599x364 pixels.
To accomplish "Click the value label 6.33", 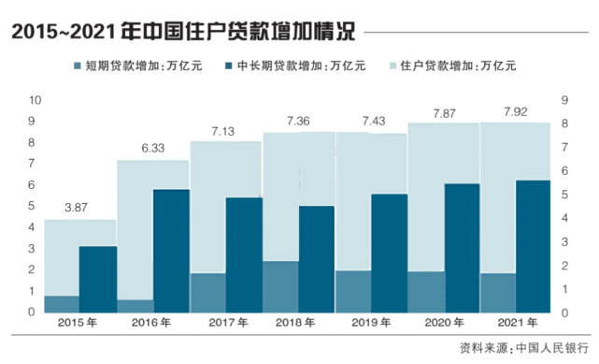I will coord(151,147).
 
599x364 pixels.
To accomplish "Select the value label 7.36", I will coord(297,121).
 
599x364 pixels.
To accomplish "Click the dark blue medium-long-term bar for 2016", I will coord(171,251).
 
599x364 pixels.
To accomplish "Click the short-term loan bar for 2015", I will coord(62,304).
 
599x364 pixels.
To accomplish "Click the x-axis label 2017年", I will coord(225,323).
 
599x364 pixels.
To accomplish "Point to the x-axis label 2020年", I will coord(444,323).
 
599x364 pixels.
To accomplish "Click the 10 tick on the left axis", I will coord(35,99).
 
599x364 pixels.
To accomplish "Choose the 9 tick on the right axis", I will coord(565,99).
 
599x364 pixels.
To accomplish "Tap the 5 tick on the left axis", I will coord(35,206).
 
